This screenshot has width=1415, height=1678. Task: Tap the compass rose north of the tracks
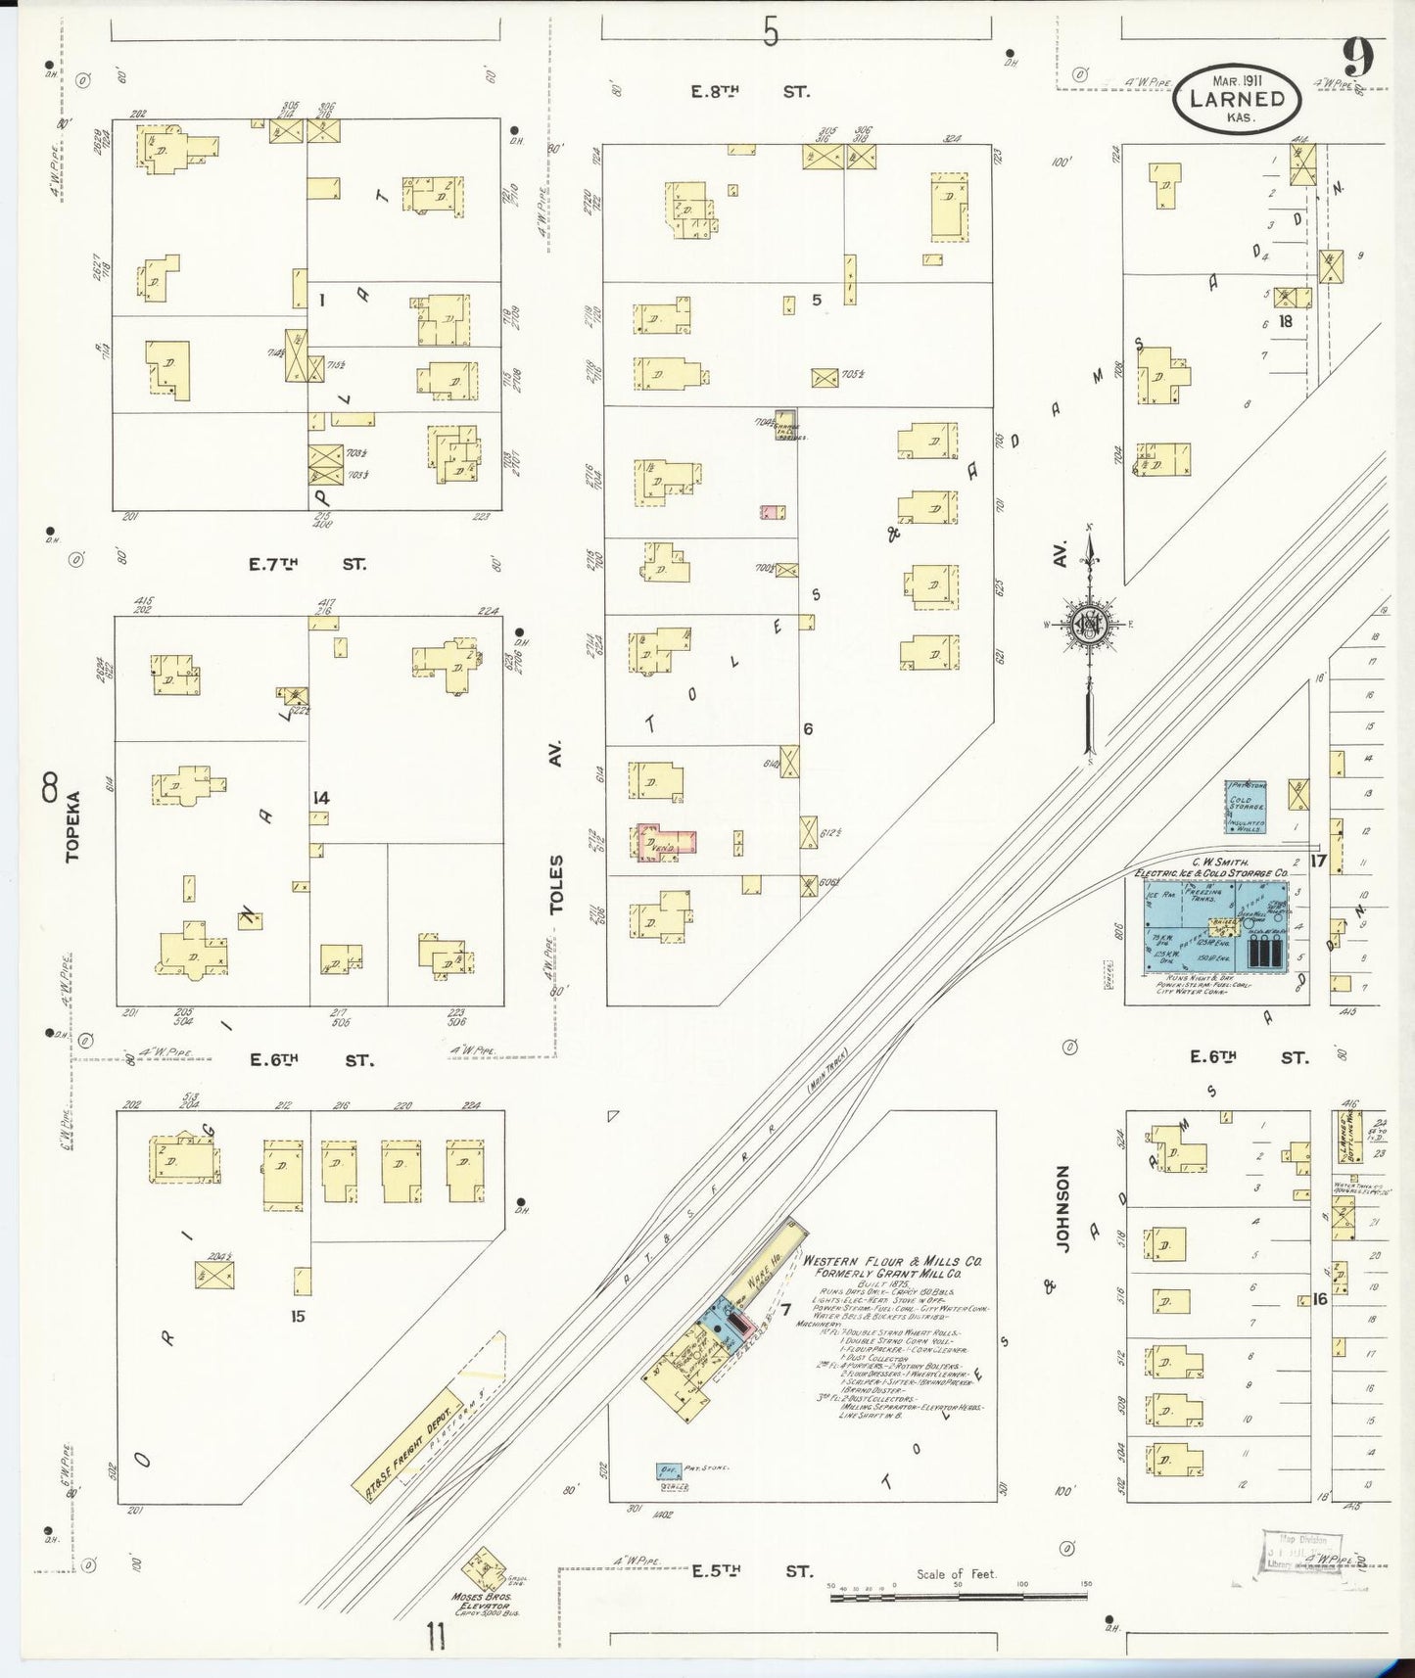click(1088, 625)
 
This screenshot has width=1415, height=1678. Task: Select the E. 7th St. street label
click(307, 565)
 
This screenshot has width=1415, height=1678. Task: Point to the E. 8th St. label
click(750, 92)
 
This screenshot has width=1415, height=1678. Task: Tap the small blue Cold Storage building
click(1246, 807)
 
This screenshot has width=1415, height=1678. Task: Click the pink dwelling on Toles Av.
click(666, 843)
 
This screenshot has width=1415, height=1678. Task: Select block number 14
click(320, 798)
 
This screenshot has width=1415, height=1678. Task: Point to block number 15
click(298, 1317)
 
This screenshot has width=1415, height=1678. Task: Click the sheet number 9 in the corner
click(1357, 59)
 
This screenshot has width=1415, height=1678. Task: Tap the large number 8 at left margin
click(50, 786)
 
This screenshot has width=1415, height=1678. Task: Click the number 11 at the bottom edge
click(437, 1634)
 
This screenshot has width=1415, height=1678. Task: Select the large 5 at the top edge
click(771, 34)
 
